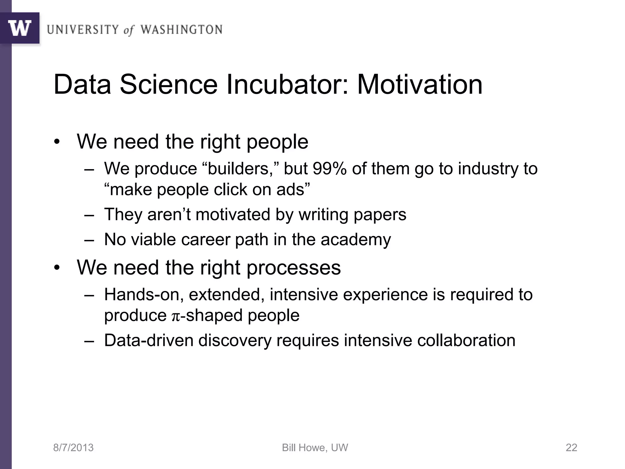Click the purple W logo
pyautogui.click(x=20, y=28)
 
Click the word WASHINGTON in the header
pyautogui.click(x=181, y=30)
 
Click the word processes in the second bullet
pyautogui.click(x=293, y=267)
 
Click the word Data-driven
pyautogui.click(x=149, y=340)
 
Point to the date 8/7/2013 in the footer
pyautogui.click(x=73, y=448)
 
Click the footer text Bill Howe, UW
pyautogui.click(x=315, y=448)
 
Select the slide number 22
pyautogui.click(x=571, y=448)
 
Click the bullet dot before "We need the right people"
pyautogui.click(x=57, y=142)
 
